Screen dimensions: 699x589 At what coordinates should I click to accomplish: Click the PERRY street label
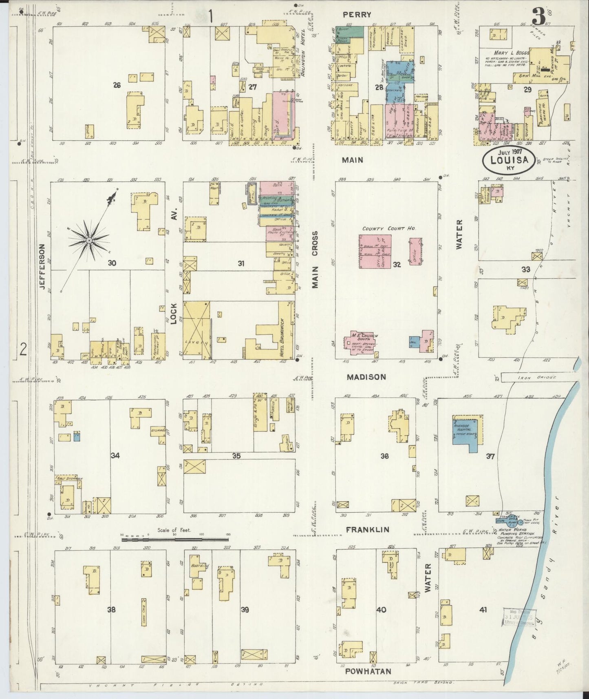pyautogui.click(x=357, y=15)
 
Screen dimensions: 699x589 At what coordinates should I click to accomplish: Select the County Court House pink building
pyautogui.click(x=375, y=251)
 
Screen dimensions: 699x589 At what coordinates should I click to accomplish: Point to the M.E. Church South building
pyautogui.click(x=363, y=342)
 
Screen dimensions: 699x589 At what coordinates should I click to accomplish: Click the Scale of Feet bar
pyautogui.click(x=174, y=539)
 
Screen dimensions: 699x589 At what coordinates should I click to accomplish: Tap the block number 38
pyautogui.click(x=111, y=610)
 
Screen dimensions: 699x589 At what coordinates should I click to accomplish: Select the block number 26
pyautogui.click(x=117, y=85)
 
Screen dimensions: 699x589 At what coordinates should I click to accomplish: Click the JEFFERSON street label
pyautogui.click(x=42, y=266)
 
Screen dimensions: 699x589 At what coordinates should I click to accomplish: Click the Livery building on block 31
pyautogui.click(x=196, y=330)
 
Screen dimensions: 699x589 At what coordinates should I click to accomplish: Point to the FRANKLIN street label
pyautogui.click(x=368, y=529)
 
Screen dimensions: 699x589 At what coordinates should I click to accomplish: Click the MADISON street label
pyautogui.click(x=366, y=377)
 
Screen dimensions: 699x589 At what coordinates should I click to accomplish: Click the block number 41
pyautogui.click(x=483, y=610)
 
